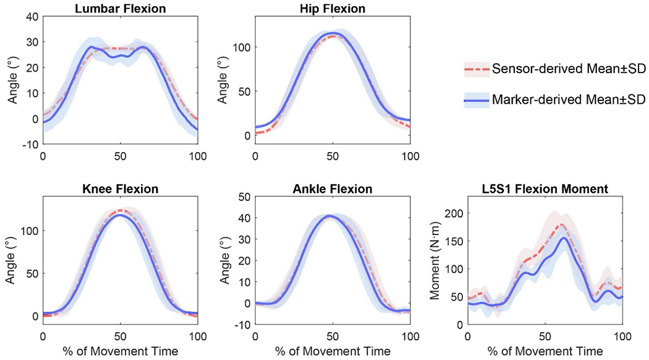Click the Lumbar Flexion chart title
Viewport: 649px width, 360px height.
[120, 9]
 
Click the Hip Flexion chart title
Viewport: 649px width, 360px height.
[333, 9]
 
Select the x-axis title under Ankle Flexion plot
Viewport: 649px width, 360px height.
[333, 351]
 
